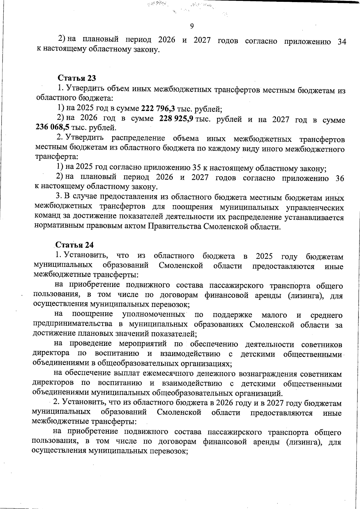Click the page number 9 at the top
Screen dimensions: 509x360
click(x=192, y=26)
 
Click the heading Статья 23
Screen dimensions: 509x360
click(x=77, y=78)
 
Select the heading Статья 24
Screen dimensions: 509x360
click(x=75, y=245)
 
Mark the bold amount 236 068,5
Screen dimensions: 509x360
click(x=52, y=128)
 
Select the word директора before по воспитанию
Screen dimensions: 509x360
click(x=51, y=354)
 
